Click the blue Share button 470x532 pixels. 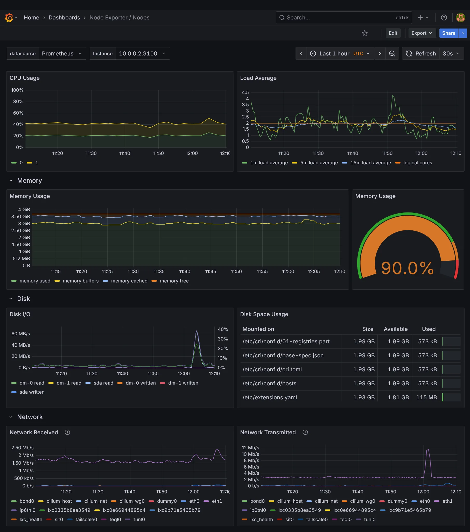(448, 33)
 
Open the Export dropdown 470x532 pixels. (422, 33)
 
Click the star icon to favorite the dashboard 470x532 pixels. (364, 33)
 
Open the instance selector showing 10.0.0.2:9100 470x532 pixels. (142, 53)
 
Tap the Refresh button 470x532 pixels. (421, 53)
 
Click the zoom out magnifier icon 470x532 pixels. (392, 53)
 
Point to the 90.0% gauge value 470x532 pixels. (407, 268)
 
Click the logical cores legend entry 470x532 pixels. (417, 163)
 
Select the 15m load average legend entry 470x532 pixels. (370, 163)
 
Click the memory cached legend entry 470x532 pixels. (129, 281)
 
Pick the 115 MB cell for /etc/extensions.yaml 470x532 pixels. (426, 398)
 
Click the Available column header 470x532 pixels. (395, 329)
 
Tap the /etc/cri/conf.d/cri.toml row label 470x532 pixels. (272, 369)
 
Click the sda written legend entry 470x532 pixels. (32, 392)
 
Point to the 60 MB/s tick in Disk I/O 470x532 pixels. (20, 334)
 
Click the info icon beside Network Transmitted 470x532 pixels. (305, 432)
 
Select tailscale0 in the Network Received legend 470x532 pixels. (86, 520)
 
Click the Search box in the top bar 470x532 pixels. (339, 17)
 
